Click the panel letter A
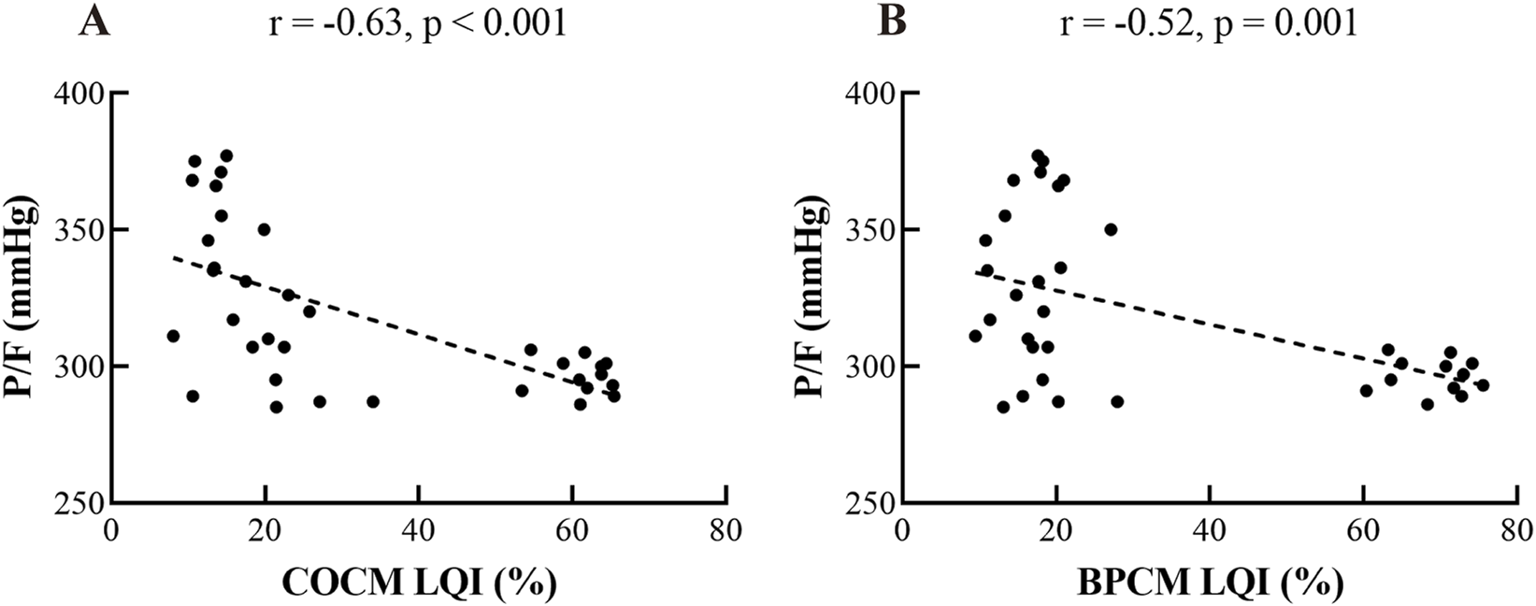tap(95, 21)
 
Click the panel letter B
tap(892, 21)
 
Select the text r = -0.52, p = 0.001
tap(1208, 22)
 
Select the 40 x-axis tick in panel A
tap(418, 532)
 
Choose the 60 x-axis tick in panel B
tap(1362, 532)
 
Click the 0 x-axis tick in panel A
tap(111, 532)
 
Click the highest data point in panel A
tap(226, 155)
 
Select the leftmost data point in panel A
tap(173, 336)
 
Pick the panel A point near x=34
tap(373, 401)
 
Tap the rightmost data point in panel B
tap(1483, 384)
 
